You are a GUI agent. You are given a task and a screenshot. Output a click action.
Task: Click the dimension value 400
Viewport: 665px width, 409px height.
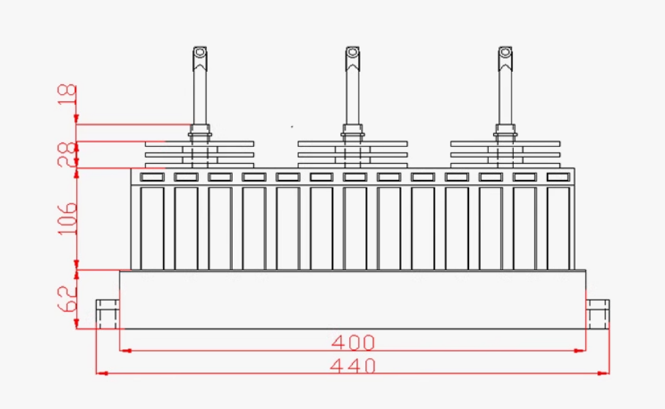pos(353,342)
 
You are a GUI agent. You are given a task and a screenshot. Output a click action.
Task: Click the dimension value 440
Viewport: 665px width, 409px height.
pos(353,365)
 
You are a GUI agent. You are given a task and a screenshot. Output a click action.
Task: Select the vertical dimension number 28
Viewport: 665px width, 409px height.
pos(67,154)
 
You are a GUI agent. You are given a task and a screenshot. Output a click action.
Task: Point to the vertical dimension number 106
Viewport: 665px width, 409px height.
pos(67,218)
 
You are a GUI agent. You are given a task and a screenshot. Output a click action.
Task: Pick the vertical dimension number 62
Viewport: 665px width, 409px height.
pos(67,300)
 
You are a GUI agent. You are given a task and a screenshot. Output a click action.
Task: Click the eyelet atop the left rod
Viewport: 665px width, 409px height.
pos(200,53)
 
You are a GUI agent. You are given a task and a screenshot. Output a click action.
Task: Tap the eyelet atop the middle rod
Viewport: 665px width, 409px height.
pos(352,53)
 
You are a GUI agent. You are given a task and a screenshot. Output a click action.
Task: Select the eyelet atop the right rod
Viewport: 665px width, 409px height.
pos(505,53)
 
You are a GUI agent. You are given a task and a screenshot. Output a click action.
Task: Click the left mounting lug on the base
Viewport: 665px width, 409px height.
pos(108,314)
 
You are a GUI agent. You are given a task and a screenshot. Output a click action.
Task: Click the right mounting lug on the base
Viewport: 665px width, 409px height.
pos(597,314)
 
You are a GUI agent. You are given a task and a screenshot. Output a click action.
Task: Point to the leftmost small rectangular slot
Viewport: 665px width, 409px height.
pos(152,177)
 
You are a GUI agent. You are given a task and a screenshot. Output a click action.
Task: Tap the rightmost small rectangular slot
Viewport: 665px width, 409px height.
pos(558,177)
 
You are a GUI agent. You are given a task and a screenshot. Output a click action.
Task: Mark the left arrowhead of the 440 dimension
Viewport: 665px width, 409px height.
pos(101,373)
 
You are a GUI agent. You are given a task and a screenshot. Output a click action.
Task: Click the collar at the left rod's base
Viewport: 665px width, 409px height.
pos(200,132)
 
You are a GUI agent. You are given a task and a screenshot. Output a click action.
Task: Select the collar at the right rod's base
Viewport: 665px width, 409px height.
pos(505,132)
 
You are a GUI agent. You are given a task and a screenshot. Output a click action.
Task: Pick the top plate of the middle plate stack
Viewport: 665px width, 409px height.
pos(352,143)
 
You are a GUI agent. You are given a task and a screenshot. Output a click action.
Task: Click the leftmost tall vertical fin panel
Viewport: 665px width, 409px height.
pos(152,228)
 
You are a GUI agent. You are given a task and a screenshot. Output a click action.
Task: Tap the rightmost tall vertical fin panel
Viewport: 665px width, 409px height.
pos(558,228)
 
